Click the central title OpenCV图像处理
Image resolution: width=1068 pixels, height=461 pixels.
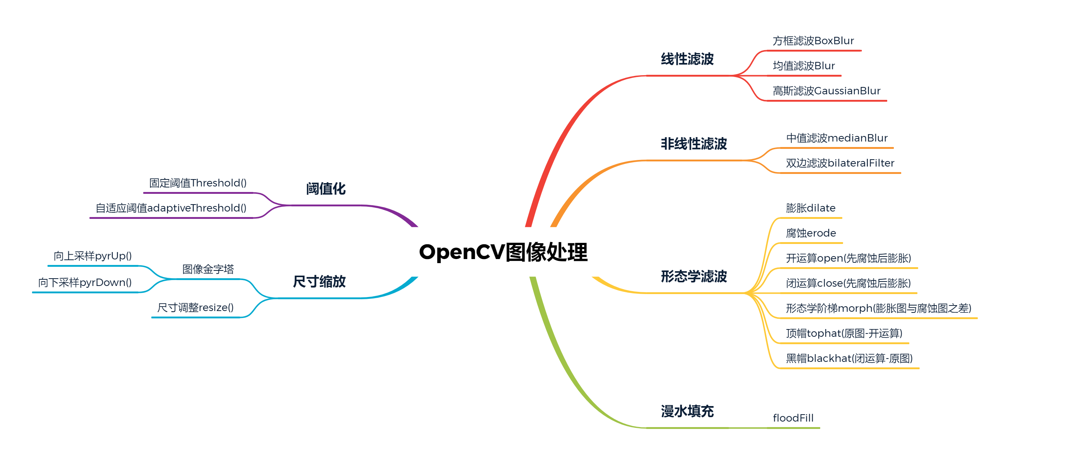click(x=503, y=252)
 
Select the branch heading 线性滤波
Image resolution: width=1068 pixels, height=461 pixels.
click(x=687, y=59)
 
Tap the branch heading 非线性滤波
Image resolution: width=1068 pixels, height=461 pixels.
click(x=694, y=144)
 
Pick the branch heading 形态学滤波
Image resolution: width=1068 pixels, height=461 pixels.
click(x=694, y=276)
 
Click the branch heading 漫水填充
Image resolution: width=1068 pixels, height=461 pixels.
click(x=687, y=411)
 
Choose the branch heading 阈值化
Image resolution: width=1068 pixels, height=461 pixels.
click(x=325, y=189)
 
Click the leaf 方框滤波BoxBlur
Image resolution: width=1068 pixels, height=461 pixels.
click(x=813, y=41)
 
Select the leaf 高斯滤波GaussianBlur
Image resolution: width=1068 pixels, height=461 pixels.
click(x=826, y=91)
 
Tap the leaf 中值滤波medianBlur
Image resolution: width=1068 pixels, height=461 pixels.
click(x=837, y=138)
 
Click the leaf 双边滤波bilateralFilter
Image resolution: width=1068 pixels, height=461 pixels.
click(x=840, y=163)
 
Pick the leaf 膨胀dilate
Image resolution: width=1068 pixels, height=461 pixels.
click(x=811, y=208)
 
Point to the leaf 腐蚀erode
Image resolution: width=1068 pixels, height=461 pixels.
click(x=811, y=233)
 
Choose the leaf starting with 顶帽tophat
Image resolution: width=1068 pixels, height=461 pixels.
click(x=844, y=333)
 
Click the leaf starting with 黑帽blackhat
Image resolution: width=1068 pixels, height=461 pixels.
click(x=849, y=358)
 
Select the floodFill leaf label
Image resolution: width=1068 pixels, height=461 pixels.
click(x=793, y=418)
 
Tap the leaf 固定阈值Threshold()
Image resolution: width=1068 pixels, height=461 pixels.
click(x=198, y=183)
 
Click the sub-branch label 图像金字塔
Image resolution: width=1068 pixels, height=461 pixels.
click(x=208, y=269)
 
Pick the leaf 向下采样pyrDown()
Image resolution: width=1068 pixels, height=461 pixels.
click(x=85, y=283)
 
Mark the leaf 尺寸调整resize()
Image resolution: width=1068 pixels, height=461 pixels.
click(x=195, y=307)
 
